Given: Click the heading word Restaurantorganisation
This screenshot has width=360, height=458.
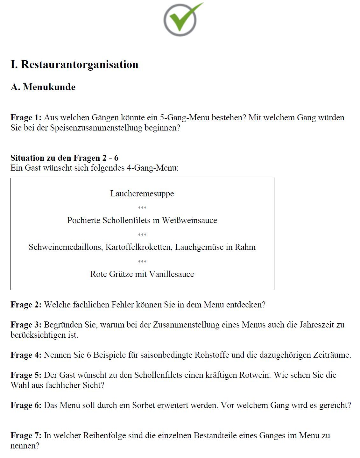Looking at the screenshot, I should pos(80,64).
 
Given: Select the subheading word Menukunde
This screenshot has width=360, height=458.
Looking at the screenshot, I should pos(49,87).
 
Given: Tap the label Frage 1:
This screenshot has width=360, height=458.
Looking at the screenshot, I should pos(26,117).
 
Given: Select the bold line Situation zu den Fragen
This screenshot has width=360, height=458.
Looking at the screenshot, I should pos(64,158).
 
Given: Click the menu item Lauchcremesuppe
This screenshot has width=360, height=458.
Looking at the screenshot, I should pos(142,194).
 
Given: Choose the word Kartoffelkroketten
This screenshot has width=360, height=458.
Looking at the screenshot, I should pos(139,247).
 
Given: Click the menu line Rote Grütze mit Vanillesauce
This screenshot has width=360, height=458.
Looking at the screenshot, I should pos(142,274).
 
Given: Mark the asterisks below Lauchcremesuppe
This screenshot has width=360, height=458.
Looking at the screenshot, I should pos(142,208).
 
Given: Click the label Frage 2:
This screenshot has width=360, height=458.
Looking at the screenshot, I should pos(26,305).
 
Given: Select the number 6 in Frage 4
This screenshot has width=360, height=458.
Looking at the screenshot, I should pos(89,355).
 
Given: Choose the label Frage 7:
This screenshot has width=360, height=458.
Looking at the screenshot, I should pos(26,435).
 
